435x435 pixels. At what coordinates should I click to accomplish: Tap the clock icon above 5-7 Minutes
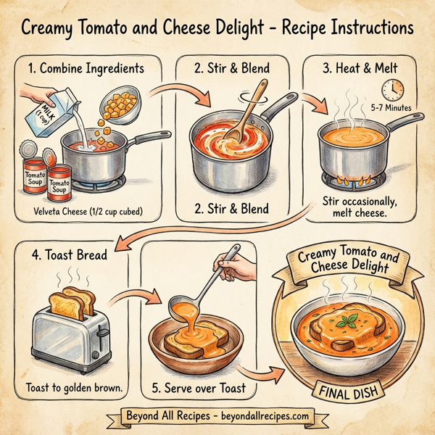coord(392,89)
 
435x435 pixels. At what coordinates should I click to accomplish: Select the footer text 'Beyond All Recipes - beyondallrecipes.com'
coord(217,417)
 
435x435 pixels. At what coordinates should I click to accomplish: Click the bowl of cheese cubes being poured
coord(119,105)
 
